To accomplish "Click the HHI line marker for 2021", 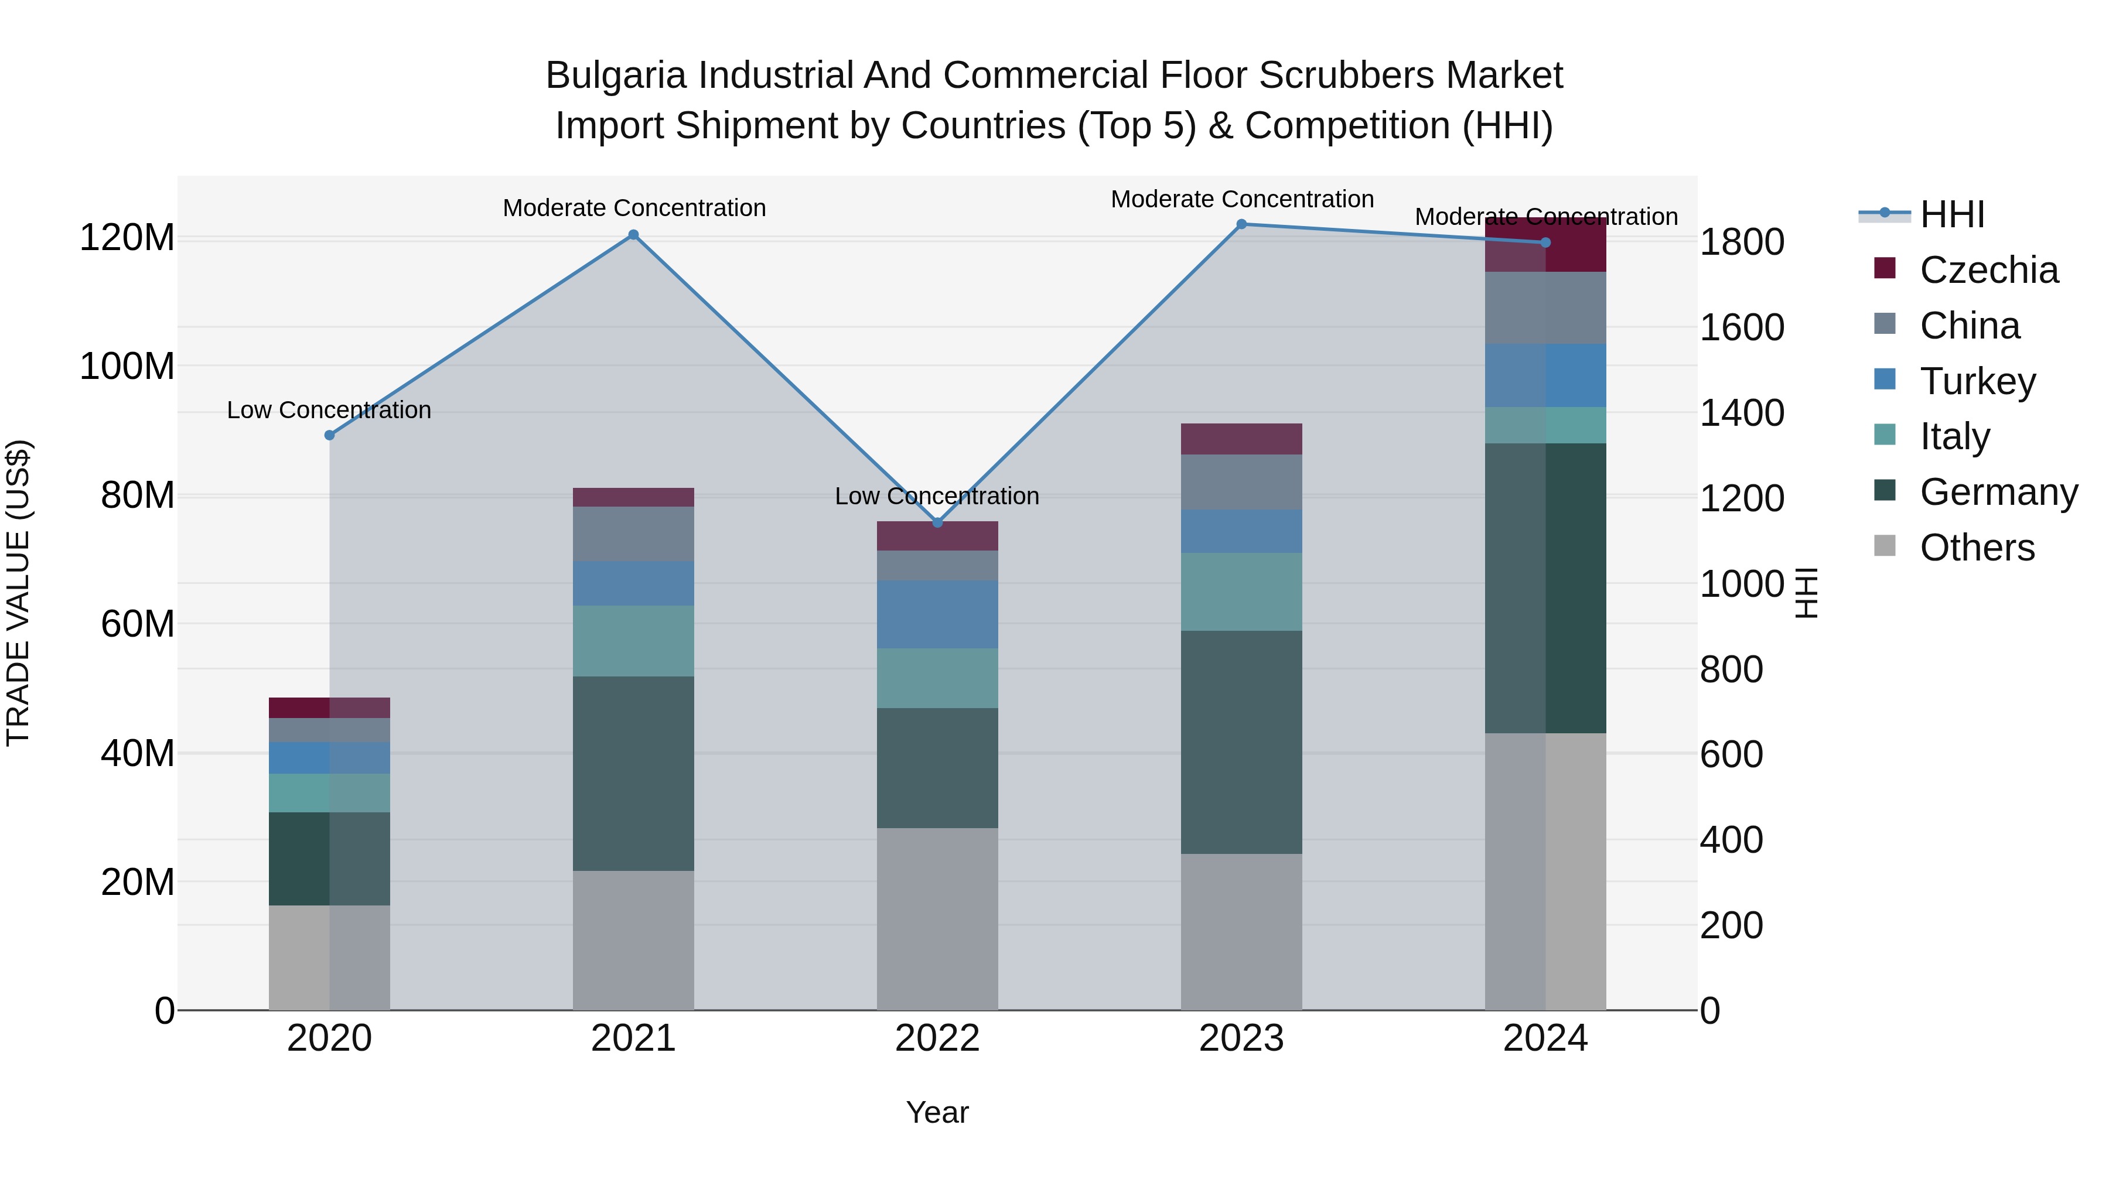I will (x=633, y=235).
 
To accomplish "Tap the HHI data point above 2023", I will (x=1241, y=224).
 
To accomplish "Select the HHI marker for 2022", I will (x=937, y=523).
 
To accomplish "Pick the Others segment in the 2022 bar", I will (x=937, y=918).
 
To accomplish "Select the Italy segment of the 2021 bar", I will (x=633, y=641).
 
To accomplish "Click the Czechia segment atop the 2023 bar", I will (x=1241, y=439).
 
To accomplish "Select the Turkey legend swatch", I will (x=1885, y=380).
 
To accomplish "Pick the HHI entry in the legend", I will (x=1952, y=214).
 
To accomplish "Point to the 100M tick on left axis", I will (x=127, y=366).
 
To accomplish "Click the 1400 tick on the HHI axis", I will (x=1742, y=412).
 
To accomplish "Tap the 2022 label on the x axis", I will (x=937, y=1038).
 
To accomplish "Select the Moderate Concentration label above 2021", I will (x=634, y=208).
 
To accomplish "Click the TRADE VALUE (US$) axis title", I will (x=18, y=593).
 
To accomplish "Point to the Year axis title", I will (x=937, y=1112).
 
